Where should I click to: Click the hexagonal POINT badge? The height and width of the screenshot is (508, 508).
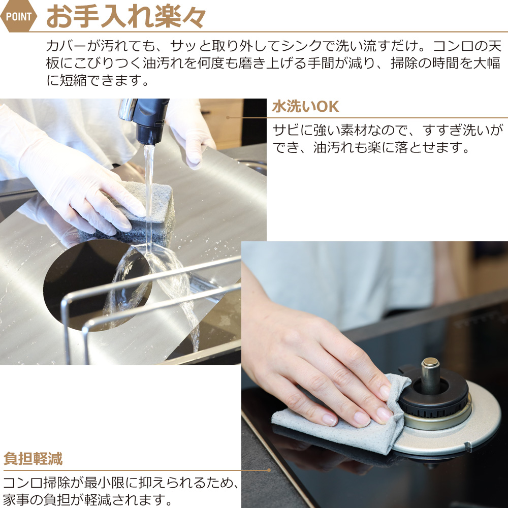(x=18, y=16)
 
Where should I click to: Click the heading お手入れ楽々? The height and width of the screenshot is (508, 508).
(x=126, y=17)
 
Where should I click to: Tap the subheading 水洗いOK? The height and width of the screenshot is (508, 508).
(x=305, y=107)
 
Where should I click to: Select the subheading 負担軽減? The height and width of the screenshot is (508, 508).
(x=33, y=459)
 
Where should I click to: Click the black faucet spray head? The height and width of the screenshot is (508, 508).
(x=151, y=120)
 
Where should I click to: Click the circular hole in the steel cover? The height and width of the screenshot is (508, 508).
(x=97, y=285)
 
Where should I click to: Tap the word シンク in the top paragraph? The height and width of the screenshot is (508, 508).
(x=302, y=46)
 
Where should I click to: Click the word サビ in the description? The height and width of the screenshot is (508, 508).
(x=285, y=130)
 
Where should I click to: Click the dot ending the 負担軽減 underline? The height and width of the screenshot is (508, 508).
(x=269, y=470)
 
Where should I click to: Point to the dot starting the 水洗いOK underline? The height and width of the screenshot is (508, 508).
(x=228, y=118)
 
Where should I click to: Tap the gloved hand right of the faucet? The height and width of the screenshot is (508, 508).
(x=191, y=133)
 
